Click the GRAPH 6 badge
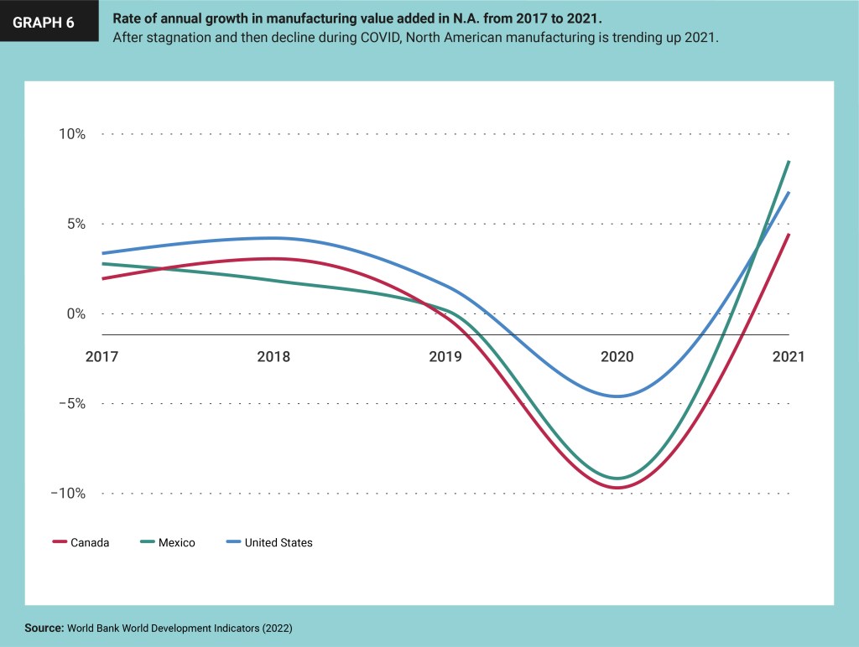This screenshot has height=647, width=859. [43, 23]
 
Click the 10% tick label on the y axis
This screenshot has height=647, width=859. [70, 134]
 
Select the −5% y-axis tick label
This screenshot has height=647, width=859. [70, 403]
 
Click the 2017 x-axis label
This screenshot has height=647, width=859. [102, 356]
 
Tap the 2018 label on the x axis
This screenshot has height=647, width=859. [273, 356]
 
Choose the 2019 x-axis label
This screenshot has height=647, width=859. [445, 356]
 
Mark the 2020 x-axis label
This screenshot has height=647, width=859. [617, 356]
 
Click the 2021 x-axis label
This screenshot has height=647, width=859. [789, 356]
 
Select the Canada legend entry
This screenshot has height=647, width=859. [81, 542]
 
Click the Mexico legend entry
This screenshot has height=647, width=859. [168, 542]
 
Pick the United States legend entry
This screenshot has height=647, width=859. [269, 542]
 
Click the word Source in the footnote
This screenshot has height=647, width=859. [44, 627]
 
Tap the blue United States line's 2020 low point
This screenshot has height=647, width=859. [618, 396]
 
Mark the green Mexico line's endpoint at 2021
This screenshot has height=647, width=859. [789, 161]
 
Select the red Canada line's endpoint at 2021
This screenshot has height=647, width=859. [789, 235]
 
